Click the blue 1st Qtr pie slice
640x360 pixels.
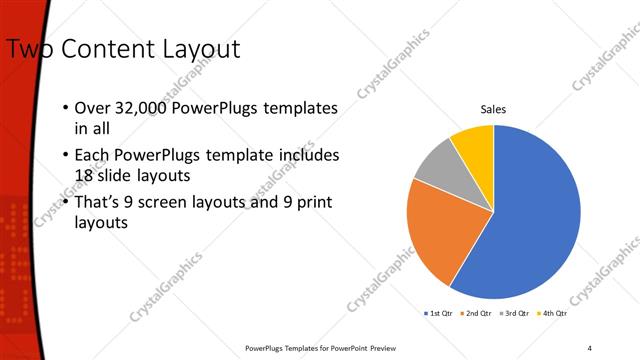[x=530, y=220]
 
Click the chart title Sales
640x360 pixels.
[x=493, y=109]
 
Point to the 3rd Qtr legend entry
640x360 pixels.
[x=513, y=313]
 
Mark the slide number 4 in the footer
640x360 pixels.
[x=590, y=347]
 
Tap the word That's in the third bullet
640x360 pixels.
[x=100, y=204]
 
